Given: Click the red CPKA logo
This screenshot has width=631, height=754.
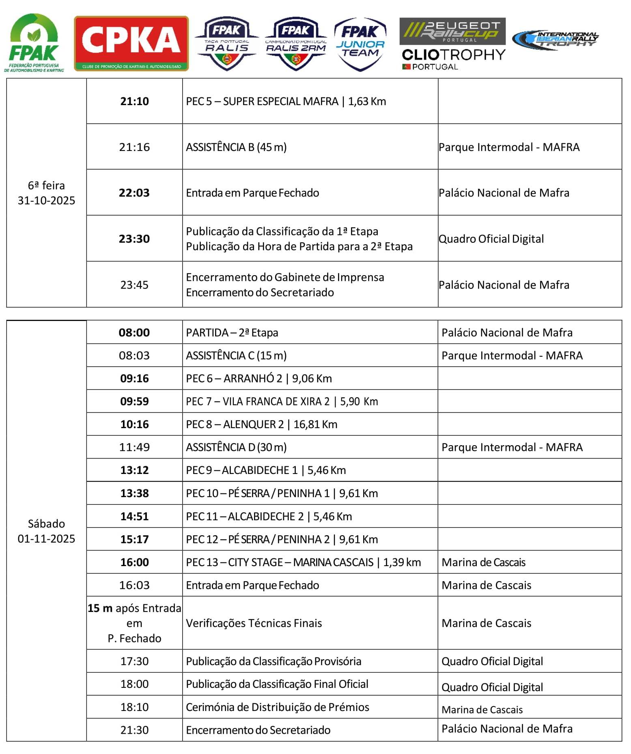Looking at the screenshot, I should (131, 43).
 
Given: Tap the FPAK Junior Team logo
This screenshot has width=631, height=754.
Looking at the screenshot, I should (360, 44).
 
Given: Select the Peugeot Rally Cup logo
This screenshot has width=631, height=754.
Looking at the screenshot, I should (452, 31).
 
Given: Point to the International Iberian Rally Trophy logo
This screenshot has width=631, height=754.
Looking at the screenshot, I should (555, 40).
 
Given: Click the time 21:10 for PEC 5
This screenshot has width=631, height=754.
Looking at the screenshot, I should (134, 101).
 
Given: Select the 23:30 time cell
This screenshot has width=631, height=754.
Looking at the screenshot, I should (134, 239).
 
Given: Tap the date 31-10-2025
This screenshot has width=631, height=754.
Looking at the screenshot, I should (46, 200).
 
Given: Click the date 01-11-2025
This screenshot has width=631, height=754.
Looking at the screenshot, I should (46, 539).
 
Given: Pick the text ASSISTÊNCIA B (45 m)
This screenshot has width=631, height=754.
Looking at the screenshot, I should (236, 147).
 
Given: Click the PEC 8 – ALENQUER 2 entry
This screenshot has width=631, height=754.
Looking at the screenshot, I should (261, 424).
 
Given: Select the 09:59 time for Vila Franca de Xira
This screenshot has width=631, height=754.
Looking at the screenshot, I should (134, 401).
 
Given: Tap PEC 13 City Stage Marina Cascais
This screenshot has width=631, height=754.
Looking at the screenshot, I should (303, 562).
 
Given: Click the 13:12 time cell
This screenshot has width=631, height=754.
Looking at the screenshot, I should (134, 470).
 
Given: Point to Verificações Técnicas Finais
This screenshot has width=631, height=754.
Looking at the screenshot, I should (254, 623).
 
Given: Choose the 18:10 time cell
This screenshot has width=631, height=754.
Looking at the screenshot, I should (134, 707).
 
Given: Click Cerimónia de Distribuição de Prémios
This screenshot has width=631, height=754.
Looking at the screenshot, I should (278, 707).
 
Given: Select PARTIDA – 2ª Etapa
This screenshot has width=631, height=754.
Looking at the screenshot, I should (232, 333).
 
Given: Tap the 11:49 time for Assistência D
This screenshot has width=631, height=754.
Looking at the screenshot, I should (134, 447).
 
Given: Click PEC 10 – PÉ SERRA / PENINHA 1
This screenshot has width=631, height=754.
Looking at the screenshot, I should (282, 493).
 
